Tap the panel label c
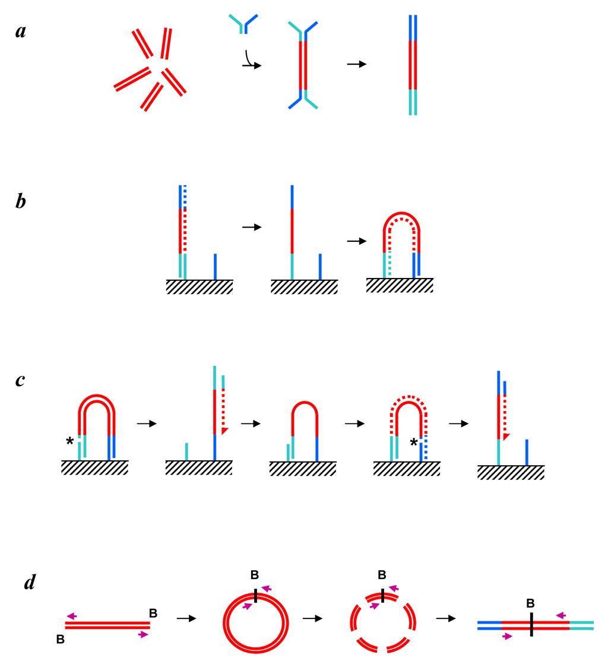(21, 380)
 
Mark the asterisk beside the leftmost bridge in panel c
(71, 441)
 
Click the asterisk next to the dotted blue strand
(414, 442)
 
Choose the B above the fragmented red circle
(382, 574)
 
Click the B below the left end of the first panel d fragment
(59, 639)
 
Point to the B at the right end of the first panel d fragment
(153, 612)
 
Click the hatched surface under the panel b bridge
(399, 285)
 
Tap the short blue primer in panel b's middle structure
(320, 266)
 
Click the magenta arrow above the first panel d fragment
(72, 616)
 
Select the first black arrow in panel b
(252, 227)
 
